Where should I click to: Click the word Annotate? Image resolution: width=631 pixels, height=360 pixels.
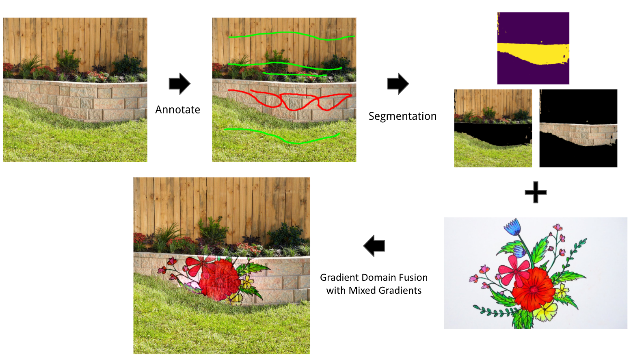point(177,110)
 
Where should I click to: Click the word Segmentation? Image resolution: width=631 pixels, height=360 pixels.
point(402,116)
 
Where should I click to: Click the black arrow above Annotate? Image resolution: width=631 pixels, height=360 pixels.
point(179,84)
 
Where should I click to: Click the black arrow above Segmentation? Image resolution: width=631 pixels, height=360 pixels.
point(398,84)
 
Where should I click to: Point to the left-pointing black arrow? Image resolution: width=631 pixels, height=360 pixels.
point(374,245)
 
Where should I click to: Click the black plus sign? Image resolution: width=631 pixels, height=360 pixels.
point(535,192)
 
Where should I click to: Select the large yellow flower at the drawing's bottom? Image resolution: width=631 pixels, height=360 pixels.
point(545,311)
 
